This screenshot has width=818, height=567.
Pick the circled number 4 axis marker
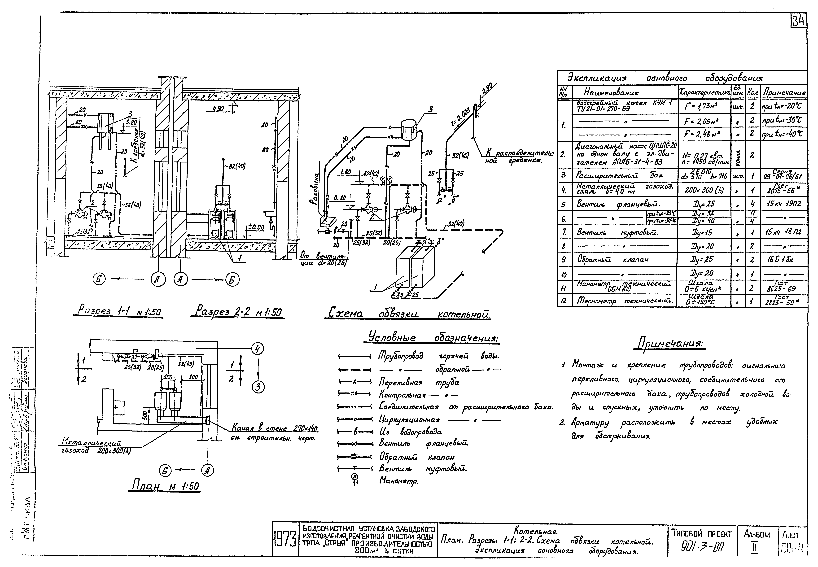tap(258, 349)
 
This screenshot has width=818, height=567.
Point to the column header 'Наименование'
tap(611, 93)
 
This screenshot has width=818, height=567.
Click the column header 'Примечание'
tap(783, 93)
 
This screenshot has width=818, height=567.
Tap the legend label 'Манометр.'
tap(399, 481)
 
